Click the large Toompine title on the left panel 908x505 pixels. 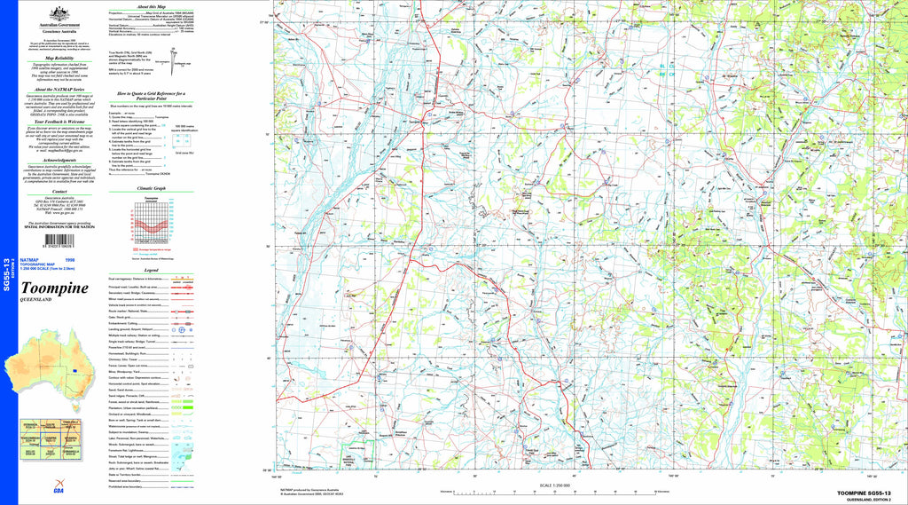54,288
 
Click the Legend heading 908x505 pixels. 151,269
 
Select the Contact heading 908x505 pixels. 59,191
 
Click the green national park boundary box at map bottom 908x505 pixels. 358,458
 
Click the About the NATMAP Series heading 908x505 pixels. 59,89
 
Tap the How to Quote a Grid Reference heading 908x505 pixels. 151,94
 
